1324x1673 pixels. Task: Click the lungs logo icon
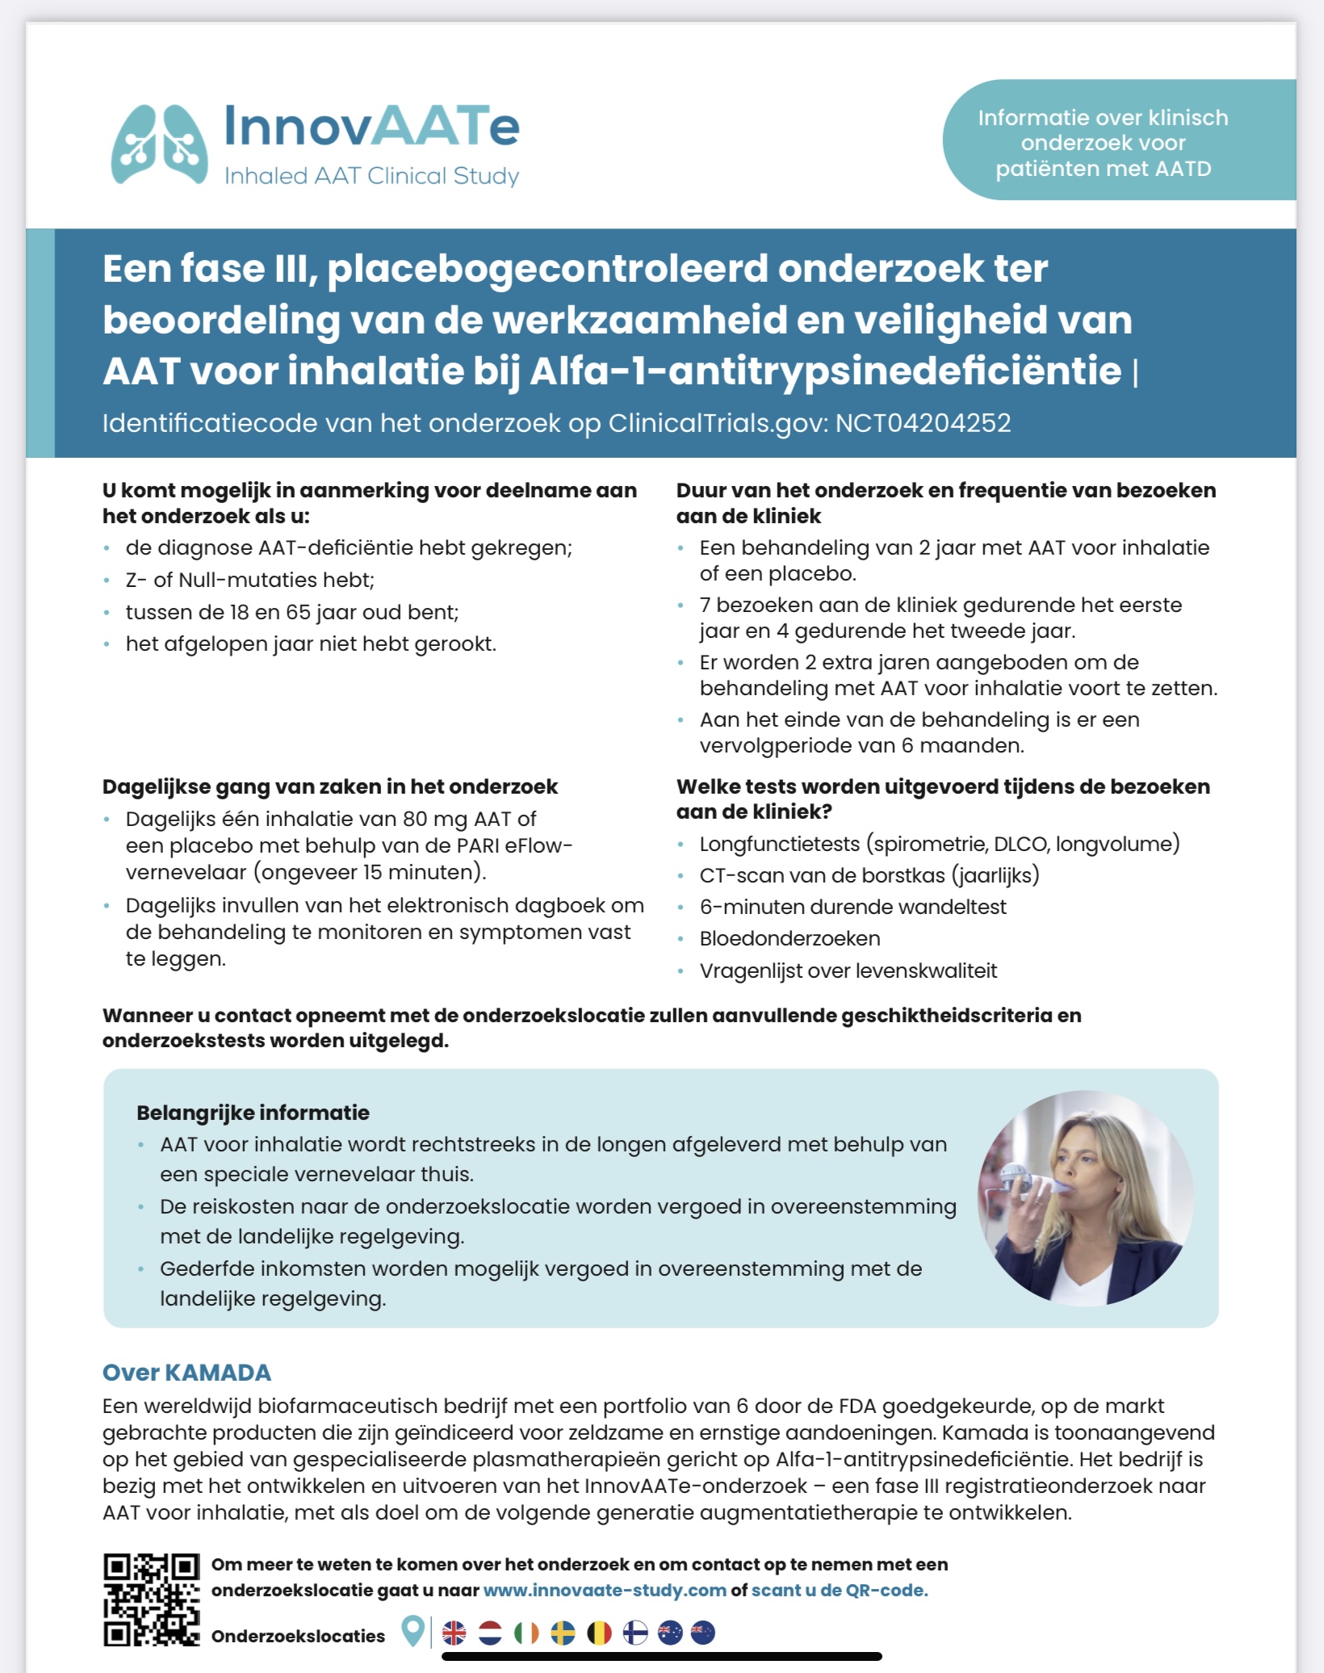[x=159, y=145]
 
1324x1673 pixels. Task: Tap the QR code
[x=151, y=1600]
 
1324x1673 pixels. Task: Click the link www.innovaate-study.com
[x=605, y=1590]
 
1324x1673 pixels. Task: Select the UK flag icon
[x=455, y=1633]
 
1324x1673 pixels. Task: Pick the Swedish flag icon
[x=563, y=1633]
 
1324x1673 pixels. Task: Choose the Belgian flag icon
[x=599, y=1633]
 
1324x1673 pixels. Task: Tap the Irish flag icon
[x=526, y=1633]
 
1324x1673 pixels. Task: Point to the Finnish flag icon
[x=635, y=1633]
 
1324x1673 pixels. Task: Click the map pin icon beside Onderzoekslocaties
[x=413, y=1632]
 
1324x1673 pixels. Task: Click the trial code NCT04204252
[x=923, y=423]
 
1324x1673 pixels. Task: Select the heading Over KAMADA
[x=186, y=1373]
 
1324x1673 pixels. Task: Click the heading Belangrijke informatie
[x=253, y=1113]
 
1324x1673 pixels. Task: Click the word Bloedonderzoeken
[x=790, y=938]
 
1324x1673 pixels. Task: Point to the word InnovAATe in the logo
[x=371, y=127]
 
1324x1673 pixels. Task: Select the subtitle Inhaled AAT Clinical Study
[x=371, y=176]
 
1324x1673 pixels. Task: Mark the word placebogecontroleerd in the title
[x=547, y=269]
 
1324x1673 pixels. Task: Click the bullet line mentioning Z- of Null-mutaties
[x=249, y=580]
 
